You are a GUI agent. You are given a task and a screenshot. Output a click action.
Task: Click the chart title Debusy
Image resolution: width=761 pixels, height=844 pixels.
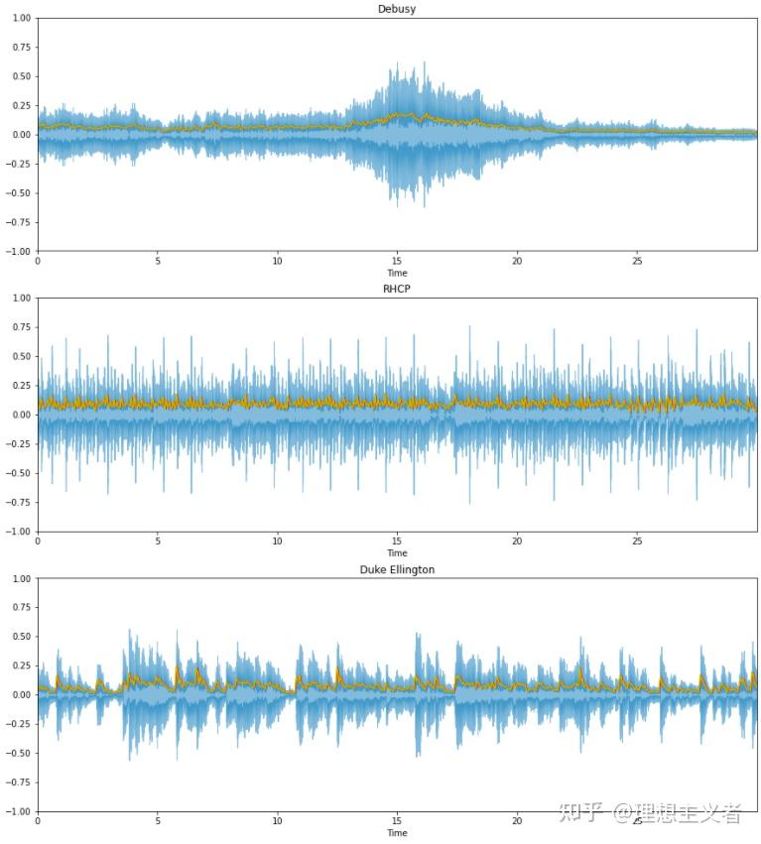[x=397, y=9]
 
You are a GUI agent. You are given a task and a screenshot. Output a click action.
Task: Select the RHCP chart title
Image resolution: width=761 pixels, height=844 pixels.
[x=397, y=290]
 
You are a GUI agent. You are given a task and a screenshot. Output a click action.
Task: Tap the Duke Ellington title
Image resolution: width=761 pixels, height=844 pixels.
[x=397, y=570]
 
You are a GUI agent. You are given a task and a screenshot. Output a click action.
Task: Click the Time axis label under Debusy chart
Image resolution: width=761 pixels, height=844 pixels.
[x=397, y=273]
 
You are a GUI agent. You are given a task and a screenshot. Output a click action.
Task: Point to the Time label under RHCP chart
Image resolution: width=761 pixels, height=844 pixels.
[x=397, y=553]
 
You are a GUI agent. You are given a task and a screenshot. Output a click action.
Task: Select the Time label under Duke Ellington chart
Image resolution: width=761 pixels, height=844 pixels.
[x=397, y=834]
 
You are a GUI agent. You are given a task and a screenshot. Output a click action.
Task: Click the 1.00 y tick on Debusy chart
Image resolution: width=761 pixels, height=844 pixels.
[x=20, y=18]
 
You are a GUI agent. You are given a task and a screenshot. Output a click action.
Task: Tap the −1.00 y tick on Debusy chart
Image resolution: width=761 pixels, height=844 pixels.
[x=17, y=251]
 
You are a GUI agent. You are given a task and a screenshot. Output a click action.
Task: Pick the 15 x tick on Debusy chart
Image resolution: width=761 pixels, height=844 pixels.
[x=397, y=262]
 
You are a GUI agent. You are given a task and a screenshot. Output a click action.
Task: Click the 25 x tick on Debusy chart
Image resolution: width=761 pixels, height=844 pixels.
[x=637, y=262]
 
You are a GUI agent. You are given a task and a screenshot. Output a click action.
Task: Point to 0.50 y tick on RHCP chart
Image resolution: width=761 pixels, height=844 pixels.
[x=20, y=356]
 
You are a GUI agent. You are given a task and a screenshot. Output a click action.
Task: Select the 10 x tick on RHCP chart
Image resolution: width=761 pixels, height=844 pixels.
[x=277, y=543]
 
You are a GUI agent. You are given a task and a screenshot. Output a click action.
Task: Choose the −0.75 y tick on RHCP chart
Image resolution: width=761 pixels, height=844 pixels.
[x=17, y=503]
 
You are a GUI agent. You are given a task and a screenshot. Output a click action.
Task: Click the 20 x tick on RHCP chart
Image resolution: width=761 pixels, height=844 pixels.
[x=517, y=543]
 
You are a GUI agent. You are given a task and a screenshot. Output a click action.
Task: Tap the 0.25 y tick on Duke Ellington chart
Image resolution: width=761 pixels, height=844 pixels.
[x=20, y=665]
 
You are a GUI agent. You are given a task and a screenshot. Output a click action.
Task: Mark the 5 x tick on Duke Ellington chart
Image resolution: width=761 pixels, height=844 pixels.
[x=158, y=822]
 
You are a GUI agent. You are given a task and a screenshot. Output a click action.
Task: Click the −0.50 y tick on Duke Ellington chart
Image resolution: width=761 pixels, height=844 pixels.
[x=17, y=754]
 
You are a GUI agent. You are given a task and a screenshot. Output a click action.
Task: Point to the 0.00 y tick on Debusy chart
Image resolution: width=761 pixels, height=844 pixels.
[x=20, y=135]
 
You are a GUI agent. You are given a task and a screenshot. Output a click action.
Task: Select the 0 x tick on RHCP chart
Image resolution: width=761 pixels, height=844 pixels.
[x=38, y=543]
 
